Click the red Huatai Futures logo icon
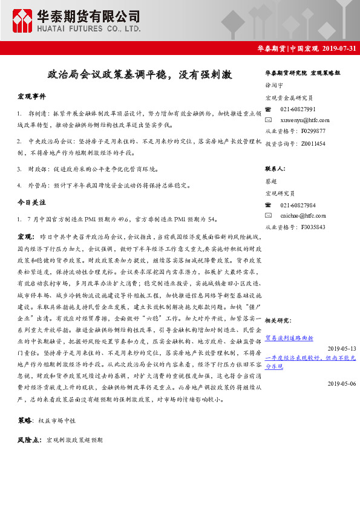[22, 21]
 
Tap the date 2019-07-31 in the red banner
[339, 49]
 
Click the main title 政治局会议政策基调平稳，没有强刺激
[140, 75]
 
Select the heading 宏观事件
[31, 97]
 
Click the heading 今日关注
[31, 201]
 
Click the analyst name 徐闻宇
[274, 86]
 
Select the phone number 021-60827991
[298, 109]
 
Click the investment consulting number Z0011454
[312, 143]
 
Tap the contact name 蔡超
[270, 181]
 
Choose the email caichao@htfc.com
[303, 215]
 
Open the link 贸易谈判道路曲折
[289, 338]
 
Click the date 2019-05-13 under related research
[342, 348]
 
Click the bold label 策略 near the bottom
[25, 419]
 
